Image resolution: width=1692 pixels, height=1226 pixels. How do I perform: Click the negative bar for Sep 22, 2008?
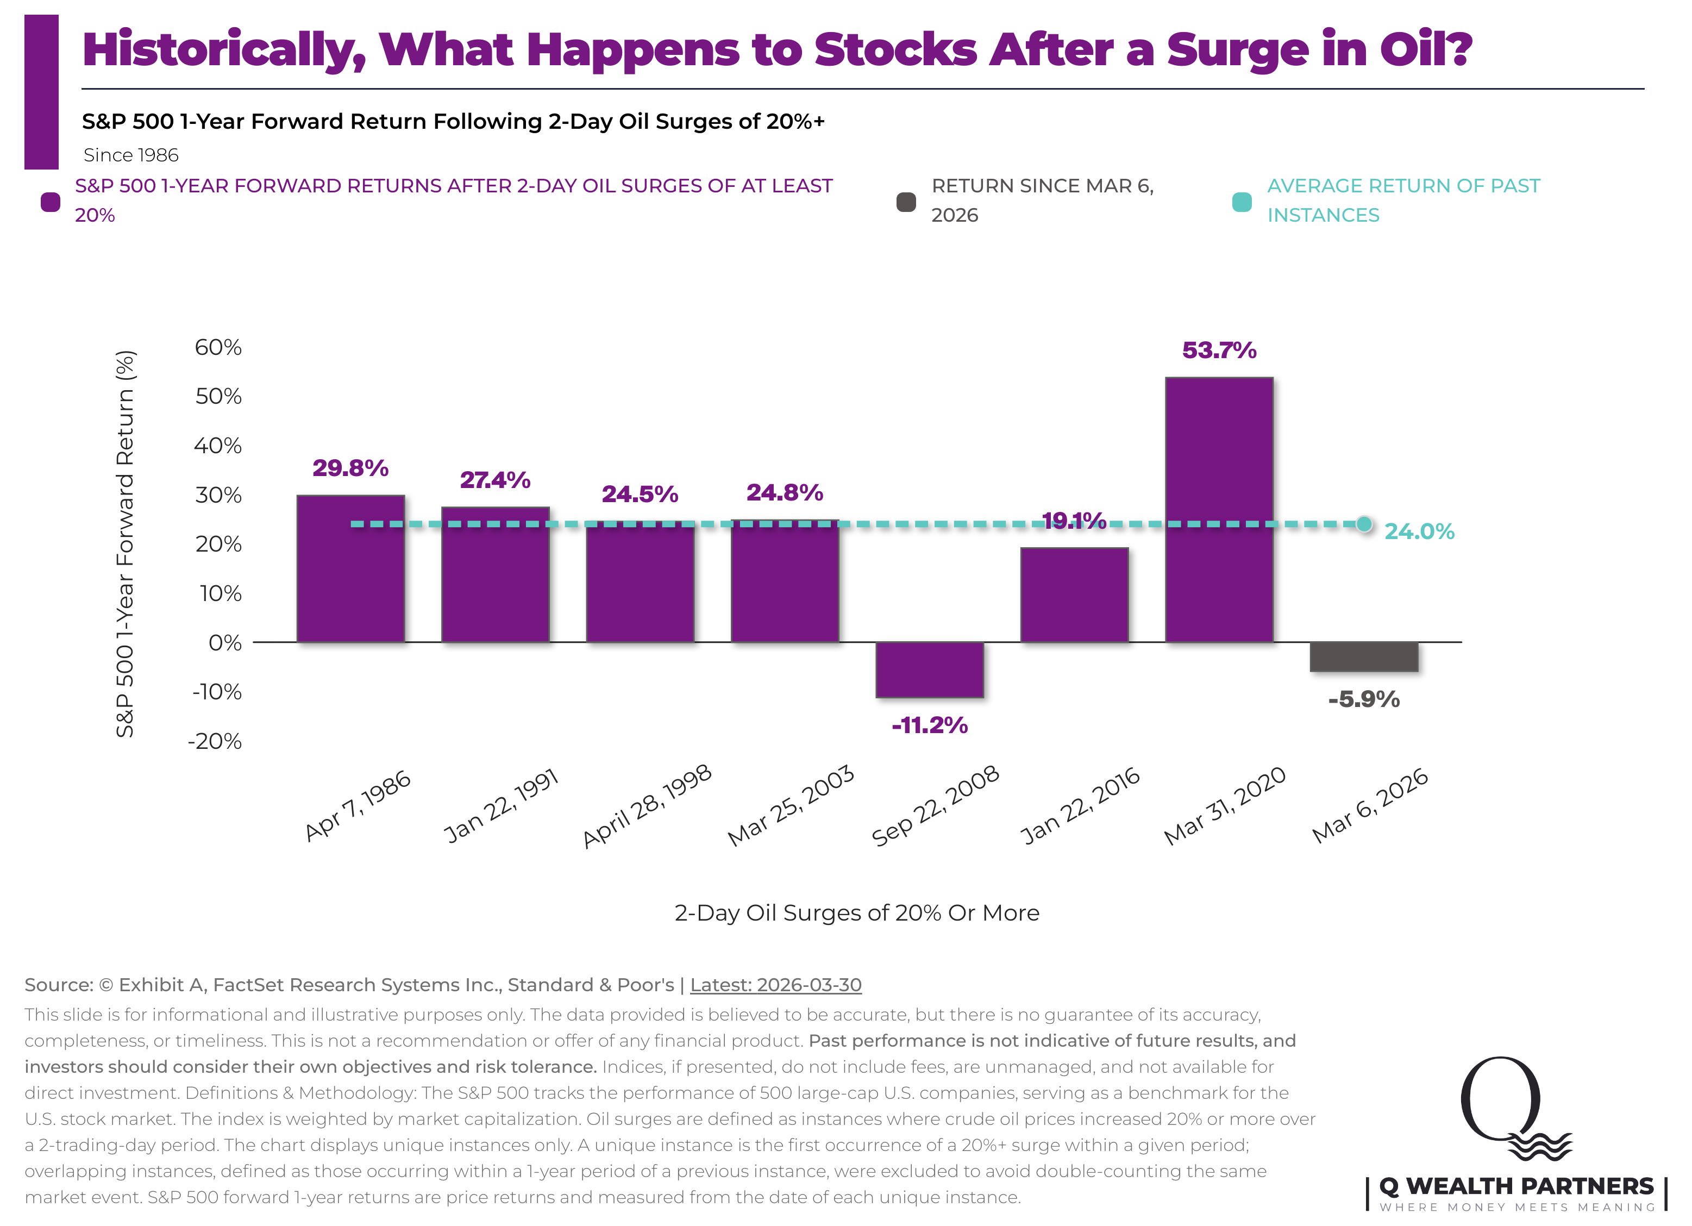click(x=930, y=670)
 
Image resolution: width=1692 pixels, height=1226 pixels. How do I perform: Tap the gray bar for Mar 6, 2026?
click(x=1364, y=656)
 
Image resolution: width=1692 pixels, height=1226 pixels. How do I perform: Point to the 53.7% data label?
click(x=1219, y=350)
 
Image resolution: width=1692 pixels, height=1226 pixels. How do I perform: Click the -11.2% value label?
click(x=930, y=725)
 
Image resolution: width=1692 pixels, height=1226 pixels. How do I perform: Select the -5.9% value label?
click(x=1364, y=699)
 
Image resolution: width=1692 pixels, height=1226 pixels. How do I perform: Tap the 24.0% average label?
click(x=1419, y=531)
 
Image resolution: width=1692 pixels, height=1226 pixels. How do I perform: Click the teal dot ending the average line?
click(x=1364, y=524)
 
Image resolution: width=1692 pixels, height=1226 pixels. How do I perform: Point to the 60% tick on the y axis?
click(x=218, y=347)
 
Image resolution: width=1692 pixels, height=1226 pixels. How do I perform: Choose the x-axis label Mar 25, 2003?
click(x=791, y=806)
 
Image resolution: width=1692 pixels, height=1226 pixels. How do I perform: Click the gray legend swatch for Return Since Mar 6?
click(x=906, y=202)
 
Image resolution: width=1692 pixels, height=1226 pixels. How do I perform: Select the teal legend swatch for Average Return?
click(x=1242, y=202)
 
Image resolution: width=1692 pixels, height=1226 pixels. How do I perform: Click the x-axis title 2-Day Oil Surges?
click(x=856, y=912)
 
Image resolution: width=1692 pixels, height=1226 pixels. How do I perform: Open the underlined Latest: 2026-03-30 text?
click(x=775, y=985)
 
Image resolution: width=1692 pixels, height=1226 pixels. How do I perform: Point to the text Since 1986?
click(x=131, y=155)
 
